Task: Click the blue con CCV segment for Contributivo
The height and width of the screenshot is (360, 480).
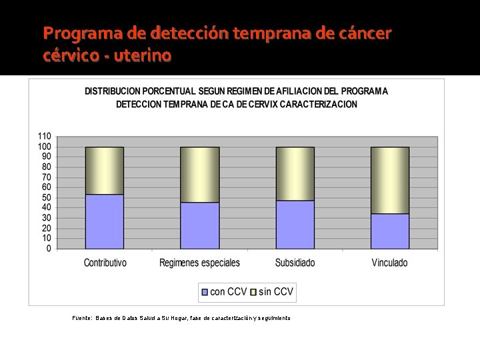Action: [x=105, y=221]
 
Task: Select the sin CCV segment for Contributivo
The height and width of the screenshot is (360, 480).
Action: [x=105, y=171]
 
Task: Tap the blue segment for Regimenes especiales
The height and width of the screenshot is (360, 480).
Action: [x=200, y=225]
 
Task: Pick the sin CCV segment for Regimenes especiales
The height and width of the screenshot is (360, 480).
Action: [x=200, y=175]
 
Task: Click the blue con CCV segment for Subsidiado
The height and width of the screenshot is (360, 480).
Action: [x=295, y=225]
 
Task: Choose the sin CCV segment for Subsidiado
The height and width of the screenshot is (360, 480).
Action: [x=295, y=173]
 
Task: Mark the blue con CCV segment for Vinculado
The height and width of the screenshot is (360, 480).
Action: [x=390, y=231]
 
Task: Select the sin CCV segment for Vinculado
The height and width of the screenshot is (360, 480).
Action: [x=390, y=180]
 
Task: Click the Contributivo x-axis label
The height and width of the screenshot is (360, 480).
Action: [x=105, y=263]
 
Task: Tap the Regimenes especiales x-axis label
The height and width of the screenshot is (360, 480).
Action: [x=200, y=263]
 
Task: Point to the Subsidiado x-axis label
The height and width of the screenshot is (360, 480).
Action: [x=295, y=263]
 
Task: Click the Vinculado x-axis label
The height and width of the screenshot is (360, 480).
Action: [x=390, y=263]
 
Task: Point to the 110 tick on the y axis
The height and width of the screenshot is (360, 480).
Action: [x=44, y=136]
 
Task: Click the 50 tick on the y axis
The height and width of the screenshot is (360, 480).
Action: [x=46, y=197]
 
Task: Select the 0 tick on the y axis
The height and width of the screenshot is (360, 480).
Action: [x=48, y=249]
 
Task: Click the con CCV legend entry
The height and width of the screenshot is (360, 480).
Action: [x=223, y=291]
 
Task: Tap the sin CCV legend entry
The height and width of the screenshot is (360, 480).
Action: [x=273, y=291]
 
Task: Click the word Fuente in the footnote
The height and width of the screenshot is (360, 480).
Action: [x=83, y=318]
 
